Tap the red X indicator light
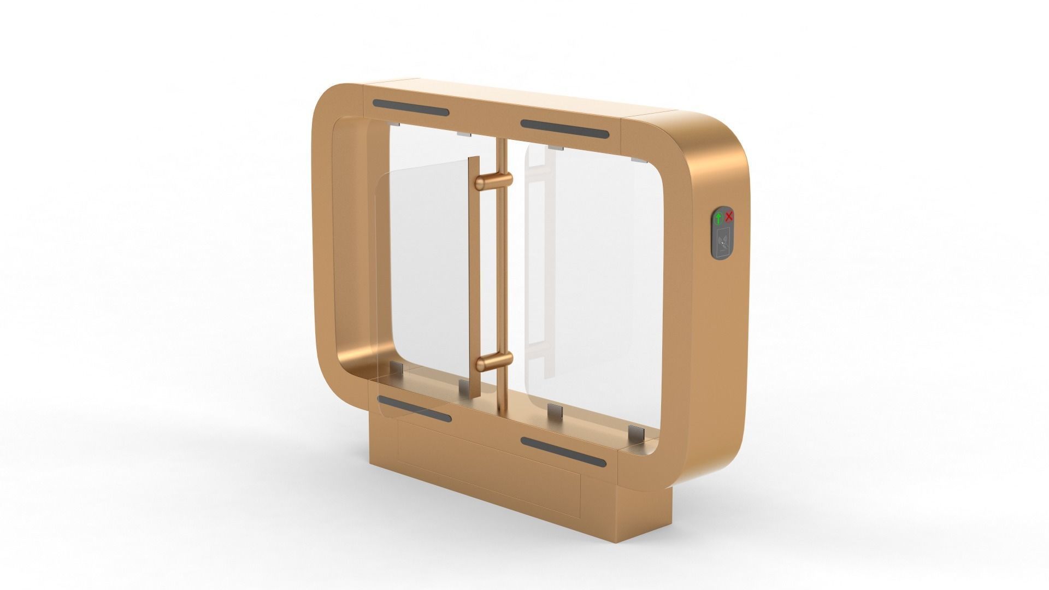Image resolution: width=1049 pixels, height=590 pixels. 729,217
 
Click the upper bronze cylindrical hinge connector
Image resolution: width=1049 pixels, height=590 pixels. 494,181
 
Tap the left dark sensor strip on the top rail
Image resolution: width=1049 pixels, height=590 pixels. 411,108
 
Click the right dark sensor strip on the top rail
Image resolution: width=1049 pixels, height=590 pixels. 564,129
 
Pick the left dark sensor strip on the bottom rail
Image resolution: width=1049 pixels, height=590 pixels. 414,409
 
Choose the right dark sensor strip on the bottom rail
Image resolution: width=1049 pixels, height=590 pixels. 563,452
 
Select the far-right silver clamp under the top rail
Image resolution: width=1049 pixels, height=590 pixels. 637,160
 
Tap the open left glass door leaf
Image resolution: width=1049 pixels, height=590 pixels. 423,273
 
